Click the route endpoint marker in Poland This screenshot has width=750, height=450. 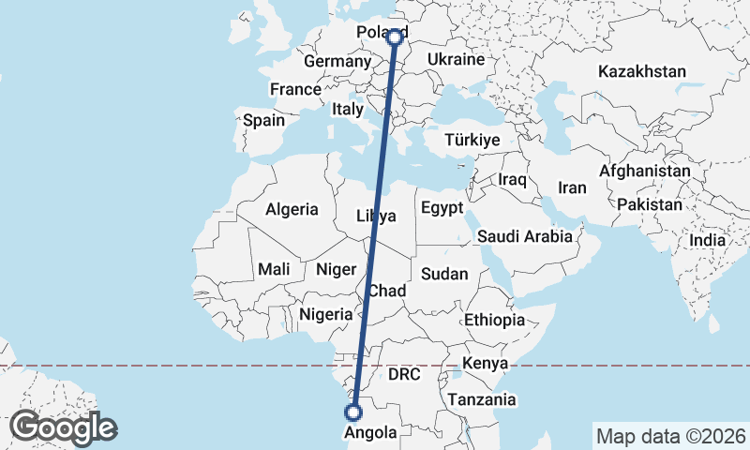click(x=396, y=37)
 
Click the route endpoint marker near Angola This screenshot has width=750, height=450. click(x=353, y=412)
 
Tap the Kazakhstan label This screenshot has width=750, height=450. click(x=642, y=71)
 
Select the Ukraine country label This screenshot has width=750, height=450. click(x=456, y=59)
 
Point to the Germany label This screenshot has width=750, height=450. click(x=337, y=61)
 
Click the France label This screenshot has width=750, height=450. click(x=295, y=89)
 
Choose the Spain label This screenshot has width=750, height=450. click(x=263, y=120)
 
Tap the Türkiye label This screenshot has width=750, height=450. click(x=472, y=140)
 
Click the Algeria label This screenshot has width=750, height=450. click(x=292, y=210)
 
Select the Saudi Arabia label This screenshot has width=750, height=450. click(x=524, y=236)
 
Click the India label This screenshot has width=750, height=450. click(x=708, y=240)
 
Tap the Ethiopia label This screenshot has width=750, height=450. click(x=494, y=320)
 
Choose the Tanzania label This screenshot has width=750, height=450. click(x=482, y=399)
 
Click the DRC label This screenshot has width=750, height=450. click(x=404, y=373)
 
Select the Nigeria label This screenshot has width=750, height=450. click(x=325, y=314)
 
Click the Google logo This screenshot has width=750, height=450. click(x=64, y=427)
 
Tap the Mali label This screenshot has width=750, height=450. click(x=274, y=269)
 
